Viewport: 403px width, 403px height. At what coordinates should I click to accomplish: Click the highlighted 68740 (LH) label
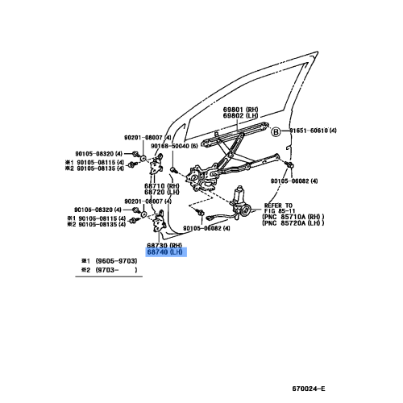(x=165, y=252)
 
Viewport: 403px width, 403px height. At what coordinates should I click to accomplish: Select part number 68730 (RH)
(x=165, y=245)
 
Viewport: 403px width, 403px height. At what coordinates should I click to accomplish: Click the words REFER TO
(x=278, y=206)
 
